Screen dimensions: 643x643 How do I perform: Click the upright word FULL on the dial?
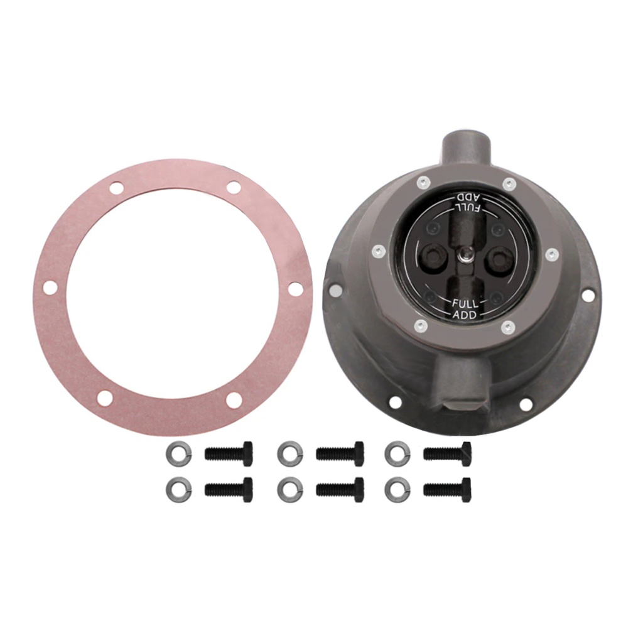click(465, 303)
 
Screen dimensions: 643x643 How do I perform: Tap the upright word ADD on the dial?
click(465, 315)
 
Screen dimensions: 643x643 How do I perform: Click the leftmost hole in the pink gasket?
click(50, 287)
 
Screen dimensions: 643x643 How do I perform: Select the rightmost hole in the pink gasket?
click(295, 288)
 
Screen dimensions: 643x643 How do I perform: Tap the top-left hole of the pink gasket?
click(116, 187)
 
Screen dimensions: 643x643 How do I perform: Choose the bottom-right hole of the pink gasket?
click(234, 400)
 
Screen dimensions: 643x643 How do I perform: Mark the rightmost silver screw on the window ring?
click(551, 254)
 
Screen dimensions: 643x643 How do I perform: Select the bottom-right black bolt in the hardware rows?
click(448, 489)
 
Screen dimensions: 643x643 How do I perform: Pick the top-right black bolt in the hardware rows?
click(448, 453)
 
